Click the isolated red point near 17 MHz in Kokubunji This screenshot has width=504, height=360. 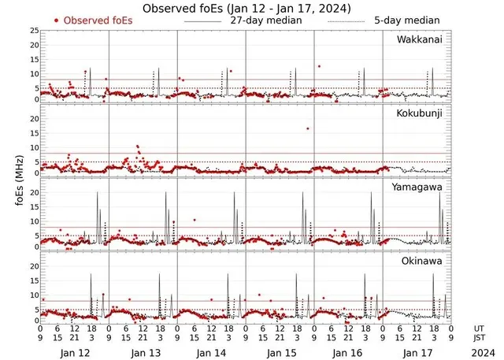click(x=307, y=128)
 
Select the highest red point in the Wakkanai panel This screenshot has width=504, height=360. click(x=319, y=66)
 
